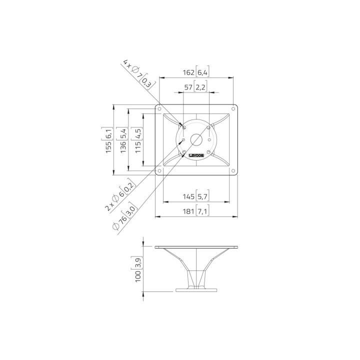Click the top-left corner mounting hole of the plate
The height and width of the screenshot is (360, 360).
click(x=159, y=108)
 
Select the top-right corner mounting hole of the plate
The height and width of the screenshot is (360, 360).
click(x=233, y=107)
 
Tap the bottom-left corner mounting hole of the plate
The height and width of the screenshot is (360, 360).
click(x=159, y=171)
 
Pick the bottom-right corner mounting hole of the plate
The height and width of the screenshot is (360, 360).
click(x=233, y=171)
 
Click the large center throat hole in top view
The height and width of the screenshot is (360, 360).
click(x=196, y=140)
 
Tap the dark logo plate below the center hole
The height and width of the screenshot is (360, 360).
click(x=196, y=156)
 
